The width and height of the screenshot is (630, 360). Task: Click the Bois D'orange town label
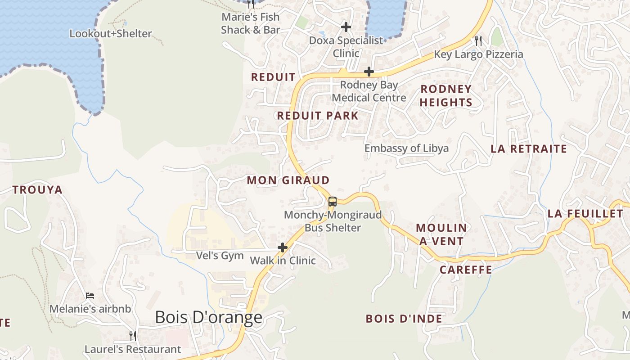(208, 317)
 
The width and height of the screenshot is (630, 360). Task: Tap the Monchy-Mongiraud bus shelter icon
(332, 202)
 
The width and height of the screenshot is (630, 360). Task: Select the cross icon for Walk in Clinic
(283, 247)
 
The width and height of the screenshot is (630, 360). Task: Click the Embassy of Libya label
(406, 148)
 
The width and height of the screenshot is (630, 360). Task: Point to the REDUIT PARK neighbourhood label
(318, 116)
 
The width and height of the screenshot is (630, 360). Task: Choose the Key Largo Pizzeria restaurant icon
(478, 41)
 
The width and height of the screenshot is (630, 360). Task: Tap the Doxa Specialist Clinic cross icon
(346, 27)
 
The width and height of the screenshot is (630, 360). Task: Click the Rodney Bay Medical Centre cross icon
(369, 72)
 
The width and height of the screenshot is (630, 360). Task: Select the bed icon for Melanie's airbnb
(90, 296)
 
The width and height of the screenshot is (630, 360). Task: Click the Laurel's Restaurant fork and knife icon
(133, 336)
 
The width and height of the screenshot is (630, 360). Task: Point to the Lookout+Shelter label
(111, 34)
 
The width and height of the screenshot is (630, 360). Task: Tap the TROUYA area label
(37, 190)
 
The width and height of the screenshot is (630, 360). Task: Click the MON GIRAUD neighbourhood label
(288, 180)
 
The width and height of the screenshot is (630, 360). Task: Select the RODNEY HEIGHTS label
(446, 95)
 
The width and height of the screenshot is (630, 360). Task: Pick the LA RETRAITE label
(528, 149)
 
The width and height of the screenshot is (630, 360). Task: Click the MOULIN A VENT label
(441, 234)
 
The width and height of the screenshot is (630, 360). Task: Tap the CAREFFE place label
(466, 270)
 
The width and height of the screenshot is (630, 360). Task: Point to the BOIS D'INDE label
(404, 319)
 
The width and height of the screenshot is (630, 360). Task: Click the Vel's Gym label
(220, 256)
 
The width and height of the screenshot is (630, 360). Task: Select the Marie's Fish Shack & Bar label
(251, 23)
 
